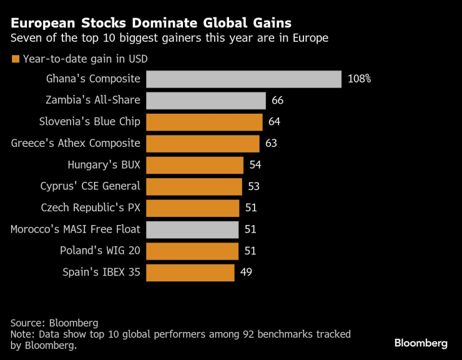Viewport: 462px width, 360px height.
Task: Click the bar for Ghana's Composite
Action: pos(243,79)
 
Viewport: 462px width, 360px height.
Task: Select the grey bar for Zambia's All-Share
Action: pos(206,101)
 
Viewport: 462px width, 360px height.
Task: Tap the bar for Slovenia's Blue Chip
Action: pos(204,122)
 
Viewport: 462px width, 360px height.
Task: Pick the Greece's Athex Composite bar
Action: pos(202,143)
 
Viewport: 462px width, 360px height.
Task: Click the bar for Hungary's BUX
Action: pos(194,165)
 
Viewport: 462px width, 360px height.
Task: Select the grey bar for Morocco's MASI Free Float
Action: pos(192,229)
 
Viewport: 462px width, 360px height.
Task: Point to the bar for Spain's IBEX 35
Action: pos(190,272)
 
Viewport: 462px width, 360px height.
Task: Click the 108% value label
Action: pos(360,79)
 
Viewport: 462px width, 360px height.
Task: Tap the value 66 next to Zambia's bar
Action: pos(278,101)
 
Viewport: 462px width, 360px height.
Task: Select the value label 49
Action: pos(245,272)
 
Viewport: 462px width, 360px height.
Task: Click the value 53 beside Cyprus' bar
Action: pos(253,186)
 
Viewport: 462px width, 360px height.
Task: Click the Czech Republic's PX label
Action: pos(91,207)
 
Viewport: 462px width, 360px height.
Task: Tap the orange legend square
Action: pos(15,59)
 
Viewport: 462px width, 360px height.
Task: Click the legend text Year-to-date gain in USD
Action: pos(85,59)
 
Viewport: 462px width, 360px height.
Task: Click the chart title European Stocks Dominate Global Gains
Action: pos(150,23)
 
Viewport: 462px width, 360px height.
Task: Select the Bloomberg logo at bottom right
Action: pos(421,343)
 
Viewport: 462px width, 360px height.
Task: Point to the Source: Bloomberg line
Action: pos(54,323)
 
